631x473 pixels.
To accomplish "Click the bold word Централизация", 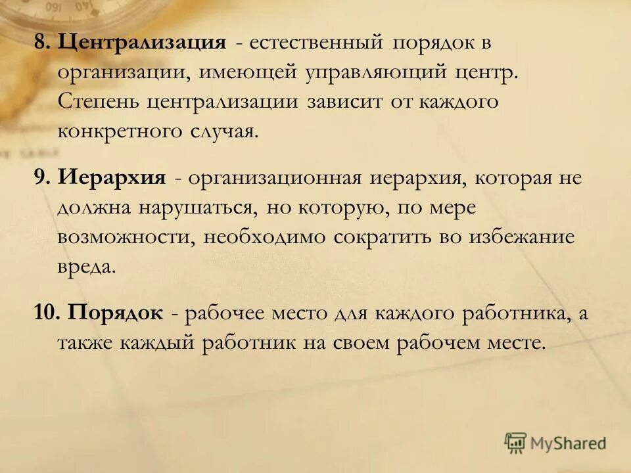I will tap(142, 43).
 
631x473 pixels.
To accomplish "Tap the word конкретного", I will tap(121, 130).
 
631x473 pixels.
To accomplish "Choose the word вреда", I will tap(86, 266).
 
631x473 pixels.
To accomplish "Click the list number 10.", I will tap(47, 313).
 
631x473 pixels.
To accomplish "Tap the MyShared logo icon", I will tap(517, 442).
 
